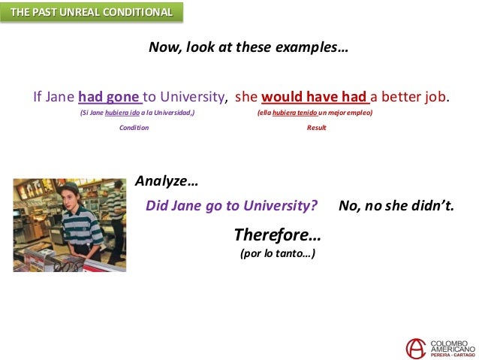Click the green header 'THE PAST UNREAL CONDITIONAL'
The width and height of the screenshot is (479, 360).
pyautogui.click(x=92, y=13)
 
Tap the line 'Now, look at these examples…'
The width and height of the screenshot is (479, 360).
pyautogui.click(x=248, y=47)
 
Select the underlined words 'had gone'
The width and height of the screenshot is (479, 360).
pyautogui.click(x=110, y=97)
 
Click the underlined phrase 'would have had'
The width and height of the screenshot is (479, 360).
pyautogui.click(x=315, y=97)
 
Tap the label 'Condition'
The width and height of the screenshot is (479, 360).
pyautogui.click(x=134, y=128)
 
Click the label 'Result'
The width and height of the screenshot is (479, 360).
pyautogui.click(x=316, y=128)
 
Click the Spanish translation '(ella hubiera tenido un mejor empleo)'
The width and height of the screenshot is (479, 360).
pyautogui.click(x=315, y=112)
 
